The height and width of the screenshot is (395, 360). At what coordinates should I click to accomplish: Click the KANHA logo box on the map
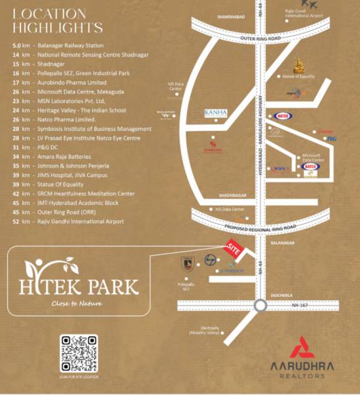click(215, 113)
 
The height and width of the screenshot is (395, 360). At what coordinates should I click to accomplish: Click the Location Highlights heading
click(58, 20)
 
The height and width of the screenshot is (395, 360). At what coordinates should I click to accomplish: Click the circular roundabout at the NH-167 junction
click(259, 305)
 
